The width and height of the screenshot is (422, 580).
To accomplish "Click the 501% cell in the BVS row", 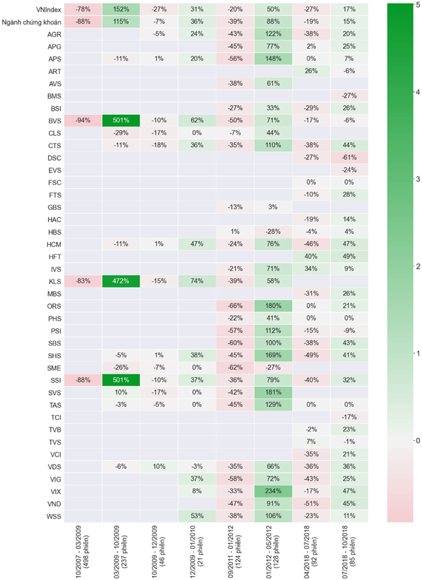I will [x=121, y=121].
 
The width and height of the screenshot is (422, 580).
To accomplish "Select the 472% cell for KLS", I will [x=121, y=281].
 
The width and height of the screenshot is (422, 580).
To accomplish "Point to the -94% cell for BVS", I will [x=84, y=121].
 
